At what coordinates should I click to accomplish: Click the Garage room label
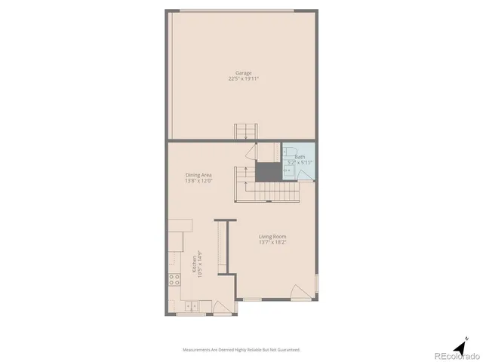[243, 72]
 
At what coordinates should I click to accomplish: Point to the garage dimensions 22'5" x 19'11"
[243, 78]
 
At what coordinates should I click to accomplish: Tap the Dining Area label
[198, 175]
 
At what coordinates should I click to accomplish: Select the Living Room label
[273, 236]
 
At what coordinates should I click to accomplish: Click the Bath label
[300, 157]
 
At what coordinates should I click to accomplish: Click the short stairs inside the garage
[245, 132]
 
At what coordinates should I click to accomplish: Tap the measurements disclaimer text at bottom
[241, 349]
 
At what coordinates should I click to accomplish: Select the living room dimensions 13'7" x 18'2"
[273, 242]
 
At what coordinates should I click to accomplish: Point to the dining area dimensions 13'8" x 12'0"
[198, 181]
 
